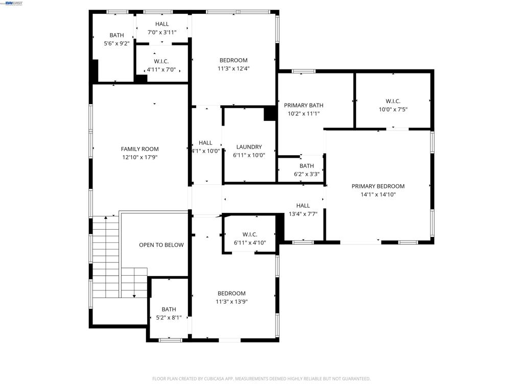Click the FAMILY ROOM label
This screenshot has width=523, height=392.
pyautogui.click(x=140, y=149)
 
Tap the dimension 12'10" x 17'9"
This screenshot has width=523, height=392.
pyautogui.click(x=140, y=157)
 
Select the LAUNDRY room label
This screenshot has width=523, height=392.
pyautogui.click(x=249, y=147)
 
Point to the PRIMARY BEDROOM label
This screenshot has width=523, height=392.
pyautogui.click(x=378, y=186)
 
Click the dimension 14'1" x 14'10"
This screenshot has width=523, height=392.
pyautogui.click(x=378, y=194)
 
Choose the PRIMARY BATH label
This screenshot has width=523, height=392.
pyautogui.click(x=303, y=105)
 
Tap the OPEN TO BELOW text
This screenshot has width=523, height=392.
pyautogui.click(x=161, y=245)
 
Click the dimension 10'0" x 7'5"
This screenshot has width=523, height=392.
pyautogui.click(x=393, y=109)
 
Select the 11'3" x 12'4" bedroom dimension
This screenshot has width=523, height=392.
pyautogui.click(x=233, y=69)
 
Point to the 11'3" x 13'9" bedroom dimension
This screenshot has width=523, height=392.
pyautogui.click(x=231, y=302)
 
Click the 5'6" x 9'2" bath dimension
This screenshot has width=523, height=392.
pyautogui.click(x=117, y=43)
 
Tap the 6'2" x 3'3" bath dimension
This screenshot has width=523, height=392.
pyautogui.click(x=306, y=174)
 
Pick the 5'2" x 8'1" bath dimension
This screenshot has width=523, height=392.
pyautogui.click(x=169, y=317)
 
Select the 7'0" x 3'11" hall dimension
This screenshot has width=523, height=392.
pyautogui.click(x=162, y=32)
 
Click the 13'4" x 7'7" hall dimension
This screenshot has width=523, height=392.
pyautogui.click(x=303, y=214)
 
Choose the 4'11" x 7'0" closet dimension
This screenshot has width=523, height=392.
pyautogui.click(x=161, y=69)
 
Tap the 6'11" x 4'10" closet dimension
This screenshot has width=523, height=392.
pyautogui.click(x=250, y=242)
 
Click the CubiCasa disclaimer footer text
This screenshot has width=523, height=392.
pyautogui.click(x=261, y=379)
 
